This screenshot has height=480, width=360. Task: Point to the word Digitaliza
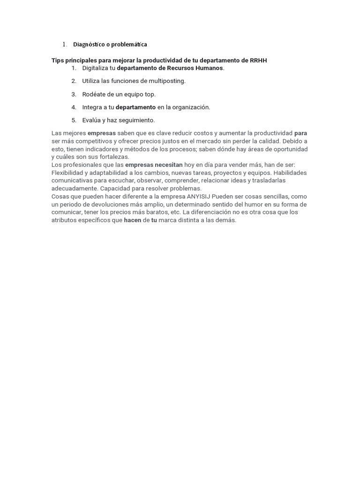[x=95, y=68]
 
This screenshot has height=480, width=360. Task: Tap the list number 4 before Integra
[x=74, y=107]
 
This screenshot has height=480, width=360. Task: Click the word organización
[x=192, y=107]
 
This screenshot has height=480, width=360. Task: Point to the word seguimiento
[x=137, y=120]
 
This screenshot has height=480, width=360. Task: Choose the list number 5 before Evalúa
[x=74, y=120]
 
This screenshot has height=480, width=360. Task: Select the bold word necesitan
[x=169, y=165]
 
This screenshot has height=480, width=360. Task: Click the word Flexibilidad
[x=67, y=173]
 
